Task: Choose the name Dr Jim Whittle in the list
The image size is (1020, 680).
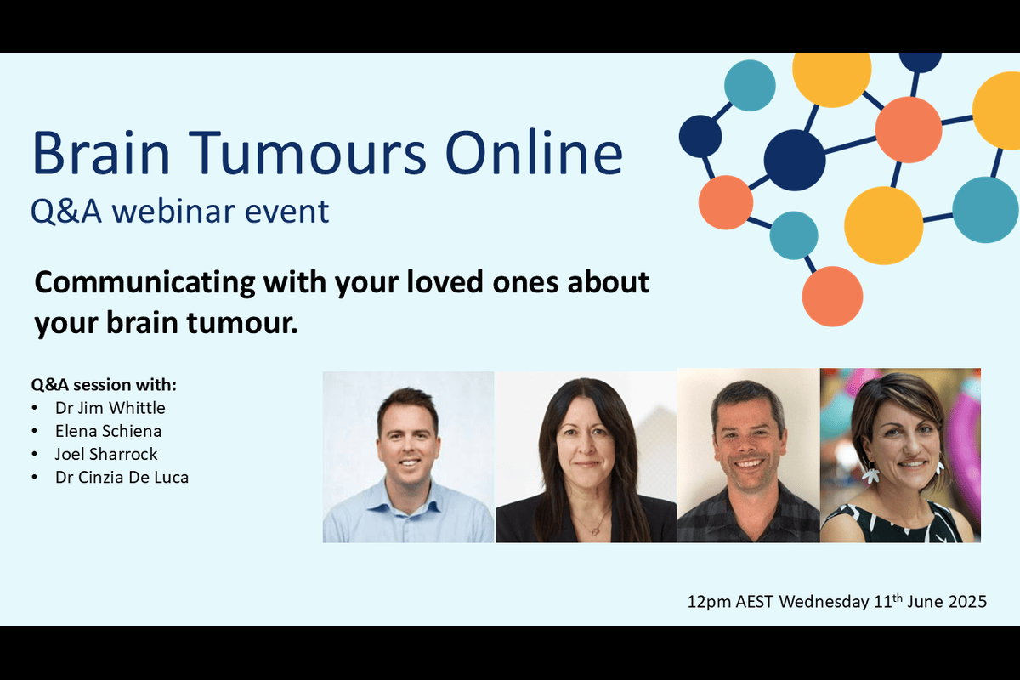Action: click(110, 407)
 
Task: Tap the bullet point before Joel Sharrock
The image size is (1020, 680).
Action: click(34, 455)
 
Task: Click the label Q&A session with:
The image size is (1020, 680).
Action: click(103, 384)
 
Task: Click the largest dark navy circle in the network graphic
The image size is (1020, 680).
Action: click(795, 160)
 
